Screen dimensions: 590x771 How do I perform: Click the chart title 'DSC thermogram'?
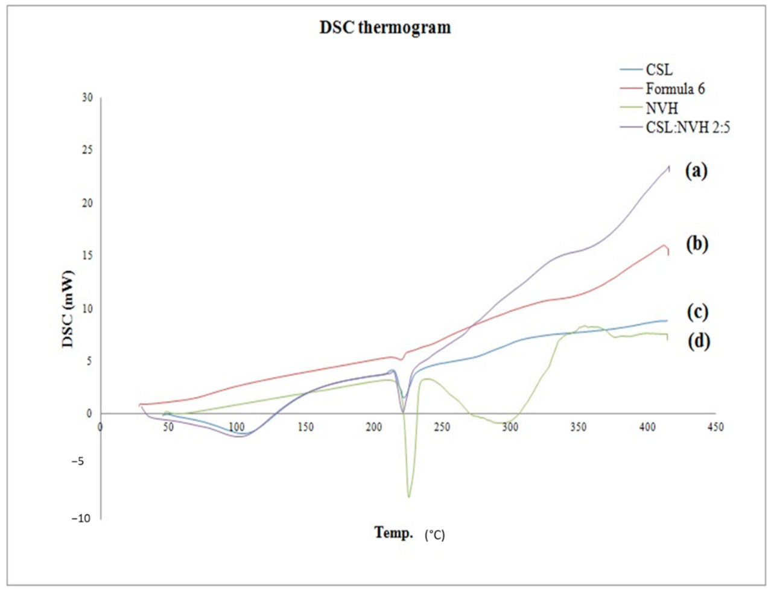385,28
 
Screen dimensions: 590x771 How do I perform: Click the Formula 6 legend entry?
675,89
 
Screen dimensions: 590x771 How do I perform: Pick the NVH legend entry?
662,109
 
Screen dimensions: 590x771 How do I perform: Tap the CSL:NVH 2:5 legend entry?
688,128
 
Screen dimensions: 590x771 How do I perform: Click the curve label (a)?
696,171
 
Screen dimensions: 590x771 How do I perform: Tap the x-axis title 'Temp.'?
394,532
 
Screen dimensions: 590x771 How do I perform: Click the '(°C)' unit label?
434,534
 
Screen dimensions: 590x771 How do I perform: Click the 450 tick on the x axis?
715,427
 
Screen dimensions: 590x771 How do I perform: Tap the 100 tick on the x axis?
236,427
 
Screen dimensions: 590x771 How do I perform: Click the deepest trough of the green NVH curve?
408,496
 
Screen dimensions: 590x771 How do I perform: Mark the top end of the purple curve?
669,166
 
